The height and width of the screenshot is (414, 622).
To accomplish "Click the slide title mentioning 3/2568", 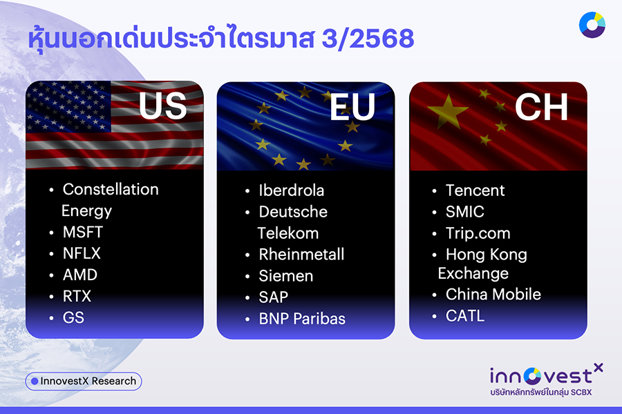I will click(x=220, y=39).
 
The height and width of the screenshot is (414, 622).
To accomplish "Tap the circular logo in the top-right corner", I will click(x=592, y=25).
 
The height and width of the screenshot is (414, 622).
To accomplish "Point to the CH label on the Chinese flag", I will click(x=540, y=107).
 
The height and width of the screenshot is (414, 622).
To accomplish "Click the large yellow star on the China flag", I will click(x=448, y=112).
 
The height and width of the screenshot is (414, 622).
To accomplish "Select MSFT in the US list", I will click(x=82, y=232).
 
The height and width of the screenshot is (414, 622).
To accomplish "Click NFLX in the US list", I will click(x=82, y=253).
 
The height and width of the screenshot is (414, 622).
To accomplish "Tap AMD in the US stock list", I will click(x=80, y=275).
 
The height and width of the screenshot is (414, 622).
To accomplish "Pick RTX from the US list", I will click(x=77, y=296).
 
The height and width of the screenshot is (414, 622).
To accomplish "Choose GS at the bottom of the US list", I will click(x=73, y=317).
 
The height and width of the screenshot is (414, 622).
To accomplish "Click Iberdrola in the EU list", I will click(x=291, y=190).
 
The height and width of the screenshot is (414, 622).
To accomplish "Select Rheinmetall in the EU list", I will click(x=301, y=254).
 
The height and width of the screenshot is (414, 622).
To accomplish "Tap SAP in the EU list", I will click(x=273, y=297).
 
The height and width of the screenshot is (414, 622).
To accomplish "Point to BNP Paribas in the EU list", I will click(x=302, y=318).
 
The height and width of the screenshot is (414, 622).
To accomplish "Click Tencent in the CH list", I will click(x=475, y=190).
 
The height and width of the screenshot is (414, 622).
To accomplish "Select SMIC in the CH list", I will click(x=464, y=212).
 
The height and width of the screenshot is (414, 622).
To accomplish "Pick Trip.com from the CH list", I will click(x=478, y=233).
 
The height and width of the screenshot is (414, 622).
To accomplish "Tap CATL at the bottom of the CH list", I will click(x=465, y=316).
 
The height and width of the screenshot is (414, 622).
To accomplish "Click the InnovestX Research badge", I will click(x=84, y=381).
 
